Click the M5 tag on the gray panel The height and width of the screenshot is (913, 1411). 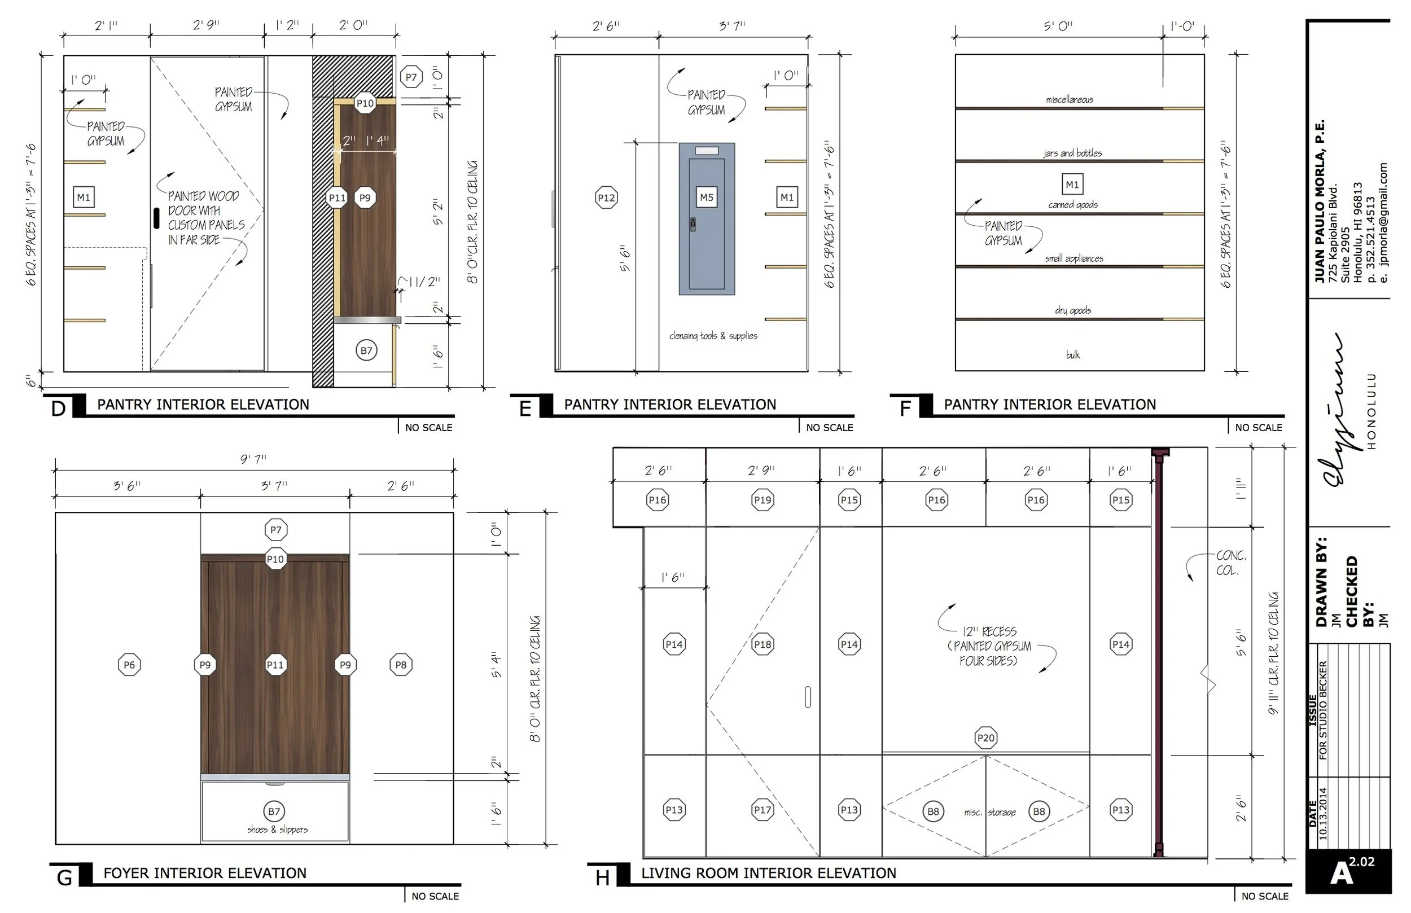click(x=706, y=197)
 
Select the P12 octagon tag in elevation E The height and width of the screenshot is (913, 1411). click(x=606, y=197)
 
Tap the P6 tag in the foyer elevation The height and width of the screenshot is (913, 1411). click(x=129, y=665)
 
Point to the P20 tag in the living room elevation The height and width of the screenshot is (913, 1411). click(x=985, y=738)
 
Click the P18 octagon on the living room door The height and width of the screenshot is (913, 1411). click(x=763, y=644)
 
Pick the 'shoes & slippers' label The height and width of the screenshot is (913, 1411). click(x=278, y=829)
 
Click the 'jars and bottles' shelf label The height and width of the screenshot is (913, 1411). click(x=1072, y=153)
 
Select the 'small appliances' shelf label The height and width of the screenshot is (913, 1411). click(x=1074, y=258)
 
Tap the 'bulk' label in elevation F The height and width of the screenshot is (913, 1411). click(x=1073, y=354)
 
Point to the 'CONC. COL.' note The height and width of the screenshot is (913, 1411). click(x=1231, y=563)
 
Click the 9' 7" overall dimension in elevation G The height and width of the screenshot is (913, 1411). click(x=253, y=458)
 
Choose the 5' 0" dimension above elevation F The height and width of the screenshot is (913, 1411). click(x=1058, y=26)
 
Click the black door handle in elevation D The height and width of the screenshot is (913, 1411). click(x=156, y=218)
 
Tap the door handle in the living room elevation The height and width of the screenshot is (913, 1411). click(x=808, y=697)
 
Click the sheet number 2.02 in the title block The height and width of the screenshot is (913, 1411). click(x=1362, y=862)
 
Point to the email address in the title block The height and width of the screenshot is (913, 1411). click(x=1384, y=222)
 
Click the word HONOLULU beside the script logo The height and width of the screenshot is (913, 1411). click(x=1371, y=411)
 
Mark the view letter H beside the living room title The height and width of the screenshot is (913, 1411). click(x=602, y=878)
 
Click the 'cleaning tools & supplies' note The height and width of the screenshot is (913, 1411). click(x=713, y=336)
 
